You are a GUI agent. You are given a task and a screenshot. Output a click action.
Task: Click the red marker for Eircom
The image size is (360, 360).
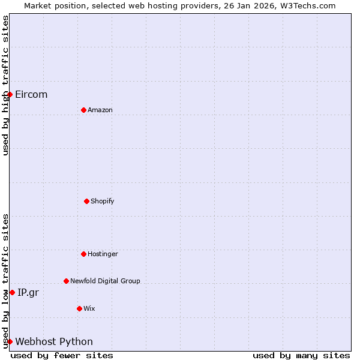pyautogui.click(x=10, y=94)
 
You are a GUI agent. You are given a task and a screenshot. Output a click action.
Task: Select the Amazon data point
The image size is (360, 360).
pyautogui.click(x=83, y=110)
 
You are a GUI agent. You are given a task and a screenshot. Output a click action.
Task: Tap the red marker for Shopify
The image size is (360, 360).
pyautogui.click(x=86, y=201)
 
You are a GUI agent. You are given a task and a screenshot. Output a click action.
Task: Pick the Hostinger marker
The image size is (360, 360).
pyautogui.click(x=83, y=254)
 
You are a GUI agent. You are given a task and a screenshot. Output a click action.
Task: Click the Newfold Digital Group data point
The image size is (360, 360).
pyautogui.click(x=66, y=281)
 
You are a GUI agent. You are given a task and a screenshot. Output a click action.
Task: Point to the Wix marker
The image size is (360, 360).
pyautogui.click(x=79, y=308)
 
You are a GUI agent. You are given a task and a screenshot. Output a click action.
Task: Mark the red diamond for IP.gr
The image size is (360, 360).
pyautogui.click(x=12, y=292)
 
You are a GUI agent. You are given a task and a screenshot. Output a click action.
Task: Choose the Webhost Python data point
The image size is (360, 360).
pyautogui.click(x=10, y=341)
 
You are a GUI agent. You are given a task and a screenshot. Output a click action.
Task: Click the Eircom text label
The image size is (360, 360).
pyautogui.click(x=31, y=94)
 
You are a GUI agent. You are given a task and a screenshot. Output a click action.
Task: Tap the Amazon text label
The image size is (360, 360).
pyautogui.click(x=100, y=110)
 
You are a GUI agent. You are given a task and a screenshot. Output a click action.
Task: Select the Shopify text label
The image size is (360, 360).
pyautogui.click(x=103, y=201)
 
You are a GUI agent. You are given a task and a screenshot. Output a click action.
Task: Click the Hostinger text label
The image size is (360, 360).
pyautogui.click(x=103, y=254)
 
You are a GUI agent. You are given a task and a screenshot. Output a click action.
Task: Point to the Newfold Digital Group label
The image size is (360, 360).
pyautogui.click(x=105, y=281)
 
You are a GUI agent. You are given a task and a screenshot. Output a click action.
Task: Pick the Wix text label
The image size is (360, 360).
pyautogui.click(x=89, y=308)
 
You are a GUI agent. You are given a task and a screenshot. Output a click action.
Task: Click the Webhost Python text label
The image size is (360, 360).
pyautogui.click(x=54, y=341)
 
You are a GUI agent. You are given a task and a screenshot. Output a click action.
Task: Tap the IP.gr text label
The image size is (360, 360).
pyautogui.click(x=28, y=292)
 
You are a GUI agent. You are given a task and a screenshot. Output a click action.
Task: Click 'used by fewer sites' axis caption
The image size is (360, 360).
pyautogui.click(x=62, y=355)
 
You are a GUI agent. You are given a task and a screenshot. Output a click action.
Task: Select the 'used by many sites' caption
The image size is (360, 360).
pyautogui.click(x=301, y=355)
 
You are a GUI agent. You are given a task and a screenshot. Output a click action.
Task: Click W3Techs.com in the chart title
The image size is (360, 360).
pyautogui.click(x=307, y=5)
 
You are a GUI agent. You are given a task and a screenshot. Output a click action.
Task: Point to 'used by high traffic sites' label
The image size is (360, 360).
pyautogui.click(x=5, y=85)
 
